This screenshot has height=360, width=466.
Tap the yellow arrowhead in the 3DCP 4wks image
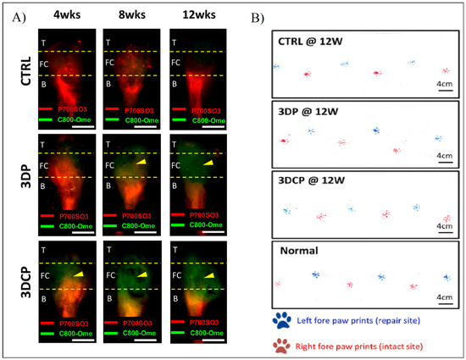click(x=77, y=274)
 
